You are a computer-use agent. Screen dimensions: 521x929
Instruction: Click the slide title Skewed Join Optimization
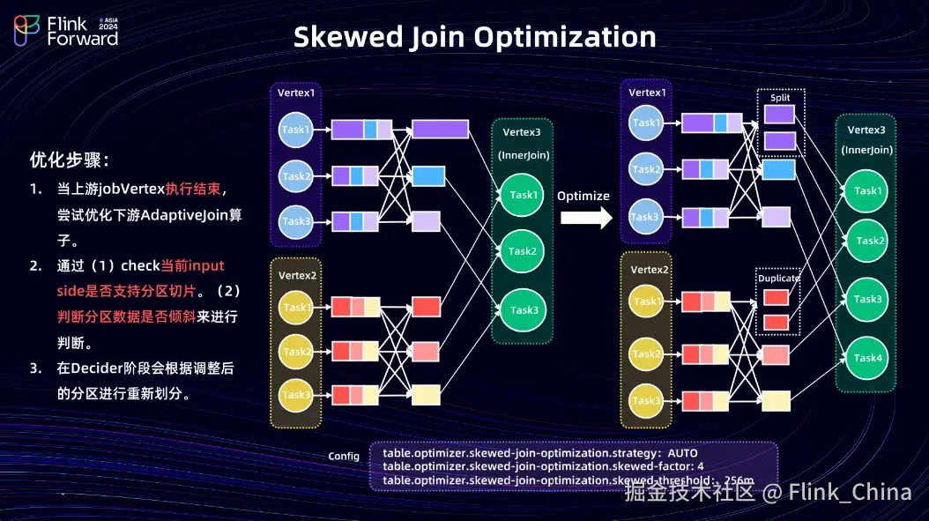[474, 37]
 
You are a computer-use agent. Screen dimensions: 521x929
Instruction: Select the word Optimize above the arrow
[583, 196]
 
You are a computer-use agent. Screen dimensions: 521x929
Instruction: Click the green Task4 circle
[867, 358]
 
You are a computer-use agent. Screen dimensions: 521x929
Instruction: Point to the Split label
[780, 98]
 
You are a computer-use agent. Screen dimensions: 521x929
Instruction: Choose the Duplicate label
[778, 279]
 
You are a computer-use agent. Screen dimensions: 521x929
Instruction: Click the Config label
[344, 457]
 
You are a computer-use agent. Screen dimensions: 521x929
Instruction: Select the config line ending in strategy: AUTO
[540, 453]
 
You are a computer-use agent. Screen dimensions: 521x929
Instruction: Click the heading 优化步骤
[70, 160]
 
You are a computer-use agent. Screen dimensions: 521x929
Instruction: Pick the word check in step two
[140, 266]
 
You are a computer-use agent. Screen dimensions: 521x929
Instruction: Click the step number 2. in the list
[35, 266]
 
